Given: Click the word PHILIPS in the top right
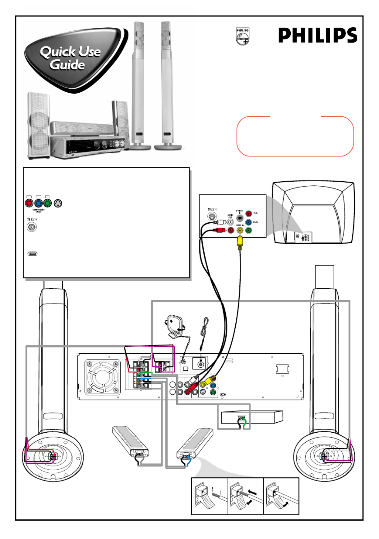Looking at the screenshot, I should tap(317, 35).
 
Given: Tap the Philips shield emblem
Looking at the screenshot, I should tap(243, 36).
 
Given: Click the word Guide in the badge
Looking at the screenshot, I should tap(67, 65).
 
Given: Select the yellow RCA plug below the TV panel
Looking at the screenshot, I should tap(240, 243).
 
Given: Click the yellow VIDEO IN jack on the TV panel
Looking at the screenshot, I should tap(240, 230).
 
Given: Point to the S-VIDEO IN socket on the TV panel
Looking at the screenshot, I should tap(240, 218).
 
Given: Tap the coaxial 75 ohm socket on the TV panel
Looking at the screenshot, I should tap(212, 216).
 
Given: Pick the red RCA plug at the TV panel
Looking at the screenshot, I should tap(219, 230).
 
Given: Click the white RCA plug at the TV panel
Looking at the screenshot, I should tap(219, 222).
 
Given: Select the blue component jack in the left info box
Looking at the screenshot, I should tap(38, 203).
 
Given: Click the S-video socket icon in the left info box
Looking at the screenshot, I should tap(58, 203).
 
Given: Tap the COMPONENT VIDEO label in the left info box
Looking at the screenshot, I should tap(38, 211).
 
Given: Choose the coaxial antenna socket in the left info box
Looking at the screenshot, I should tap(32, 227).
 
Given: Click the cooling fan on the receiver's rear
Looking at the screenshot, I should tap(102, 377).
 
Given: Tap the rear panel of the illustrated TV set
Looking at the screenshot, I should tap(303, 237).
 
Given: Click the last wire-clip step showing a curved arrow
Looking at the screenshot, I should tap(281, 496).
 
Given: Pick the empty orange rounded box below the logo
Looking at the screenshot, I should tap(295, 136).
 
